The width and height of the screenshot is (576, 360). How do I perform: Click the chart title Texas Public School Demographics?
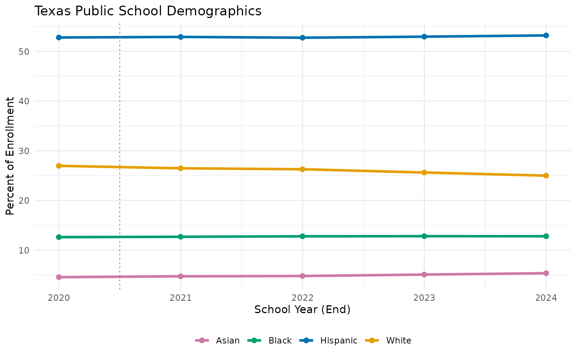pyautogui.click(x=148, y=11)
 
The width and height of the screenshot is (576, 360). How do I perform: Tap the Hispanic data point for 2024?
pyautogui.click(x=546, y=36)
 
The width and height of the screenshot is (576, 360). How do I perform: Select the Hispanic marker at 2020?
pyautogui.click(x=59, y=37)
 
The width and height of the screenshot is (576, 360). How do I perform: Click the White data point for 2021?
pyautogui.click(x=180, y=168)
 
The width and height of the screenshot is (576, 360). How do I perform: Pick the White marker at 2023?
pyautogui.click(x=424, y=172)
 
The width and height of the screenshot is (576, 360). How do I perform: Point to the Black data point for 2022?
pyautogui.click(x=302, y=236)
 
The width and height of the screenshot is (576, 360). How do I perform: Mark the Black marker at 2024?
pyautogui.click(x=546, y=236)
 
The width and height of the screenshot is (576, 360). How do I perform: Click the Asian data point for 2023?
pyautogui.click(x=424, y=274)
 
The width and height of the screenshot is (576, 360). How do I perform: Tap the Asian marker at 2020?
pyautogui.click(x=59, y=277)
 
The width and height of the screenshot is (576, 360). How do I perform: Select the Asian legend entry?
pyautogui.click(x=217, y=340)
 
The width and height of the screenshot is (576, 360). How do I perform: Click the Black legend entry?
pyautogui.click(x=270, y=340)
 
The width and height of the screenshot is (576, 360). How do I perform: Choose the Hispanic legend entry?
pyautogui.click(x=328, y=340)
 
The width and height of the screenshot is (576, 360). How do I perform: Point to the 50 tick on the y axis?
pyautogui.click(x=24, y=51)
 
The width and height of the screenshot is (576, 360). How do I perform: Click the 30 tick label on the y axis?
pyautogui.click(x=24, y=151)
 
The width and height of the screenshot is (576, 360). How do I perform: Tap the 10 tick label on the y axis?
pyautogui.click(x=24, y=250)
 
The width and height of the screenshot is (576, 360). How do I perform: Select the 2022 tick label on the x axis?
pyautogui.click(x=302, y=298)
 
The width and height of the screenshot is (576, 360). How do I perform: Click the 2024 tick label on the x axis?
pyautogui.click(x=546, y=298)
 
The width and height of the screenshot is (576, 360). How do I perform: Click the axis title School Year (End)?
pyautogui.click(x=302, y=310)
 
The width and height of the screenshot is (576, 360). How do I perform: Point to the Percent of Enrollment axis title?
pyautogui.click(x=10, y=156)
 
